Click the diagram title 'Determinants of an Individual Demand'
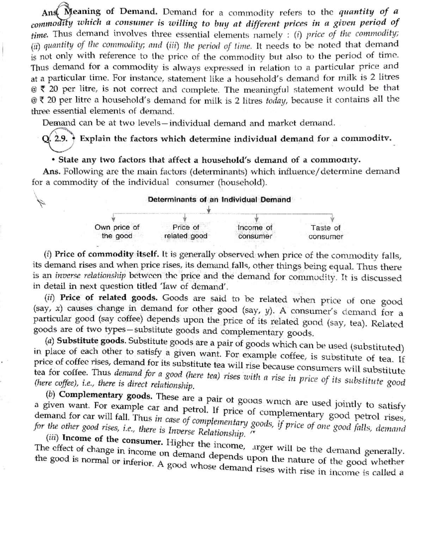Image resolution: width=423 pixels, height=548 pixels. click(x=219, y=200)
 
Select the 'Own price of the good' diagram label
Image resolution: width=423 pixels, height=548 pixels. click(x=117, y=232)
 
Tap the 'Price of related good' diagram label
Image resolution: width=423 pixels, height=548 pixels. click(x=186, y=232)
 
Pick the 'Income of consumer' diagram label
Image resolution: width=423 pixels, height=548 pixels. click(x=255, y=232)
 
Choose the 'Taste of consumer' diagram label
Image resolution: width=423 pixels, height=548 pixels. click(x=325, y=232)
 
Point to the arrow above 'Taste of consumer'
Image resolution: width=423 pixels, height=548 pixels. click(x=332, y=218)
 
